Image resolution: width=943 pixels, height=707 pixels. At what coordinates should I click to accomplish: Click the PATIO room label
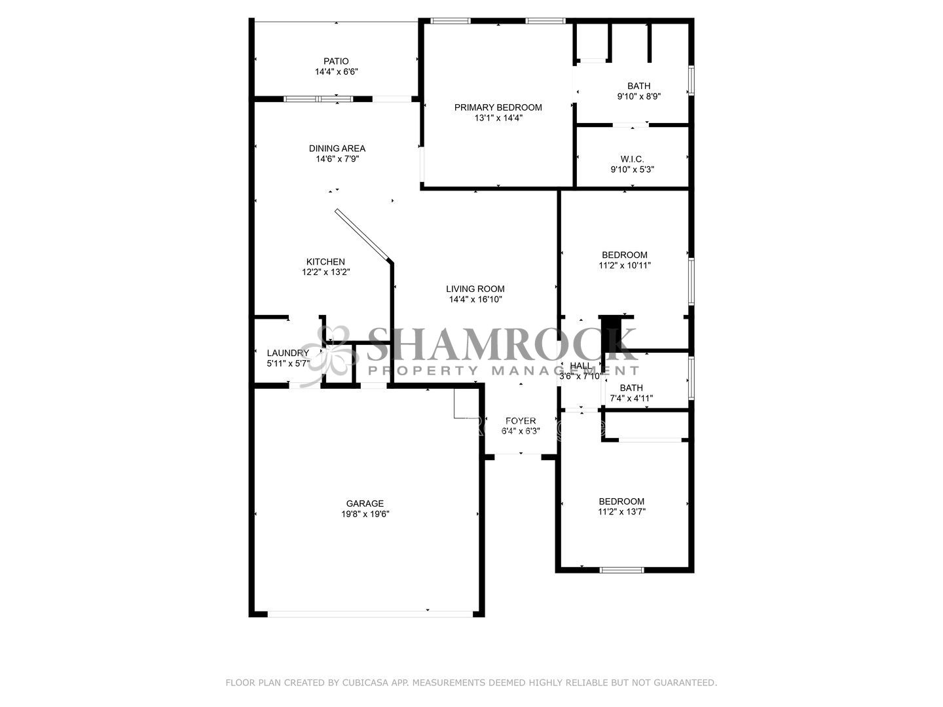[x=336, y=62]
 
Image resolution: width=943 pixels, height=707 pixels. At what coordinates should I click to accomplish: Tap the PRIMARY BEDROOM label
[x=498, y=107]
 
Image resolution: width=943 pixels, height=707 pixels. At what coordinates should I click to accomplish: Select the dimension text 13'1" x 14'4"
[x=498, y=118]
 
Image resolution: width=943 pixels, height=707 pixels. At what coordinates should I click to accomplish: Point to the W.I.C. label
[x=632, y=159]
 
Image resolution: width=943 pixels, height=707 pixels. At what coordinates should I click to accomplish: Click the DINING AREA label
[x=337, y=149]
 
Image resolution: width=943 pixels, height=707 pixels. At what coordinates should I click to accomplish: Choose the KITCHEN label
[x=325, y=262]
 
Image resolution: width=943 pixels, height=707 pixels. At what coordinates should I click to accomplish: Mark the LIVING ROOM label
[x=475, y=289]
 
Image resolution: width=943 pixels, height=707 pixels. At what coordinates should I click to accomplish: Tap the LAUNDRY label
[x=288, y=353]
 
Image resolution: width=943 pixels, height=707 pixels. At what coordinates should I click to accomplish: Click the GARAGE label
[x=365, y=503]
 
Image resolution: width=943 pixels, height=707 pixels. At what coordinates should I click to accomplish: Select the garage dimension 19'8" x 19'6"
[x=365, y=514]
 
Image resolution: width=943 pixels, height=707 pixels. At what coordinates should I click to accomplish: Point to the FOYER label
[x=521, y=421]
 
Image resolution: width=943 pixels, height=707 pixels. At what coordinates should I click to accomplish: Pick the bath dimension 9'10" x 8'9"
[x=639, y=97]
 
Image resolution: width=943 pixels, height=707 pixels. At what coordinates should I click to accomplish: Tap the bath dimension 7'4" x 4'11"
[x=631, y=399]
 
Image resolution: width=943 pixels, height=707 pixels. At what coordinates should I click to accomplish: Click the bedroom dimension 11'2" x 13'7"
[x=621, y=512]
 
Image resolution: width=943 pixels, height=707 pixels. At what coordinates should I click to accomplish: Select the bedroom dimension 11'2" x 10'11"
[x=625, y=266]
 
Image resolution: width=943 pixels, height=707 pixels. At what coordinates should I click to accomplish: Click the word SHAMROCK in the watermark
[x=500, y=344]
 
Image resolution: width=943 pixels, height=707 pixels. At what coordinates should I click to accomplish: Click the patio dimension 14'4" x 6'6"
[x=337, y=72]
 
